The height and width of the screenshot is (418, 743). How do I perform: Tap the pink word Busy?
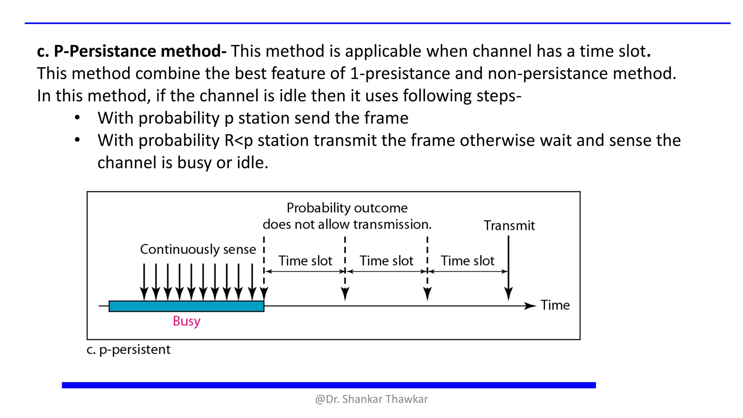186,321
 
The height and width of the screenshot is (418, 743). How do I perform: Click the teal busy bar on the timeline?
186,306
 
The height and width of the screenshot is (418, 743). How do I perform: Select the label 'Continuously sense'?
198,249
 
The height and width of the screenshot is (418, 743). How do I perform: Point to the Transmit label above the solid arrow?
509,226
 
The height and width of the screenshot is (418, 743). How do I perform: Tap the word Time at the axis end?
555,305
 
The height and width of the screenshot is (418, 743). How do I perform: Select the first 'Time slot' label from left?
305,261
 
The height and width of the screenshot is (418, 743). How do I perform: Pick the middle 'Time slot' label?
386,261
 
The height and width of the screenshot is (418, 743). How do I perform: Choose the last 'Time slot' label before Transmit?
467,261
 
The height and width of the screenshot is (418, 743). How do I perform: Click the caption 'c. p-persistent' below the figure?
128,349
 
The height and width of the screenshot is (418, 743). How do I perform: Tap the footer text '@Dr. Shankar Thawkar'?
371,399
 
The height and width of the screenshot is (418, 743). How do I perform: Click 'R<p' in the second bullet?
238,140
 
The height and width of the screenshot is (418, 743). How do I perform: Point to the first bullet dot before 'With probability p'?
77,118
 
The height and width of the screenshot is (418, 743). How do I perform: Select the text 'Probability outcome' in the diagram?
347,208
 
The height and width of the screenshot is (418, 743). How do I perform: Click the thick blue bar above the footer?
329,385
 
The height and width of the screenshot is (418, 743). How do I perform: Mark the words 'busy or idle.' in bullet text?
222,163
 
